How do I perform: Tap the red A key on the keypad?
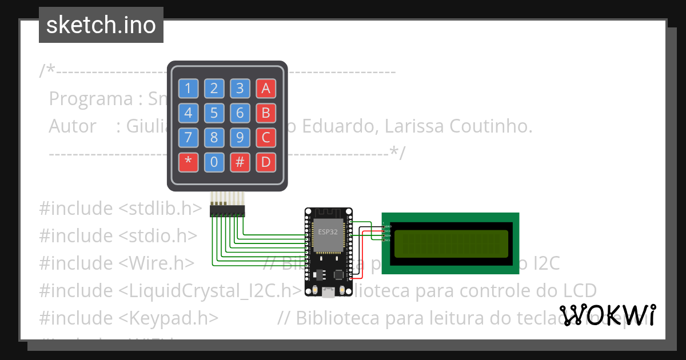click(266, 89)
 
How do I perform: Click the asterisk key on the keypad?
click(188, 163)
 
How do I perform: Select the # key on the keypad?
click(240, 163)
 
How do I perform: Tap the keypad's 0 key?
click(214, 163)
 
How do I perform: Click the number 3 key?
click(240, 89)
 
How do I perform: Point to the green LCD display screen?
click(450, 243)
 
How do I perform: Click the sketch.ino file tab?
click(101, 25)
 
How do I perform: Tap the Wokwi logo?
click(607, 315)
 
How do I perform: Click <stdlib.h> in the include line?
click(161, 209)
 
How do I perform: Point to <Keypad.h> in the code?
click(169, 318)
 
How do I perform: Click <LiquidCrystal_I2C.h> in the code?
click(210, 290)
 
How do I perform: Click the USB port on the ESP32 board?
click(328, 293)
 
